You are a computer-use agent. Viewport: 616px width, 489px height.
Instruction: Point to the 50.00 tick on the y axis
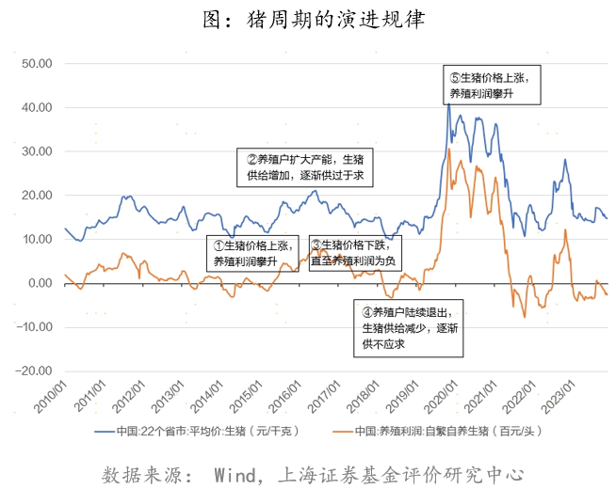tap(35, 63)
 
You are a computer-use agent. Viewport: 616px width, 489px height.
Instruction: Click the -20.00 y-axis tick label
tap(33, 371)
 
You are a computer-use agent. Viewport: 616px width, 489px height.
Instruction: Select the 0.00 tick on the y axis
tap(39, 283)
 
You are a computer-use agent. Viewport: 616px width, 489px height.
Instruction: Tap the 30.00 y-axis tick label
tap(35, 151)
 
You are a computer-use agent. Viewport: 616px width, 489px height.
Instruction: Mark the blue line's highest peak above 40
tap(448, 103)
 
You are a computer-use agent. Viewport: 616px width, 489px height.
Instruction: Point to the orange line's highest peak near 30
tap(450, 149)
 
